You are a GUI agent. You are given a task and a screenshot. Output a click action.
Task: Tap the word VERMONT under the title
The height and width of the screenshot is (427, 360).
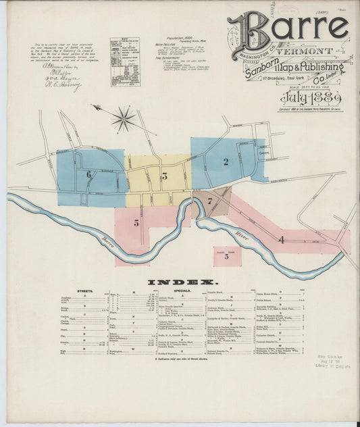[x=310, y=51]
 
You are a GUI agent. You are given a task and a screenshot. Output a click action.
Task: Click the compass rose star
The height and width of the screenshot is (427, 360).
[x=123, y=120]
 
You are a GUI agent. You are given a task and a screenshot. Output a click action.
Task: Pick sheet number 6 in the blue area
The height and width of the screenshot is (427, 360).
[x=88, y=174]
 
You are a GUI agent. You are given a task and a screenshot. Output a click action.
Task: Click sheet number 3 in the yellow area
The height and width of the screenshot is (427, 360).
[x=164, y=176]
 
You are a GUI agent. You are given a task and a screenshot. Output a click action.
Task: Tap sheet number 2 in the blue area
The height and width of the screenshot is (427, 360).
[x=227, y=161]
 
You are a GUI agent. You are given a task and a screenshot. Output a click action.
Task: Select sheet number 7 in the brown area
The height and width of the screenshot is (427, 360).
[x=210, y=201]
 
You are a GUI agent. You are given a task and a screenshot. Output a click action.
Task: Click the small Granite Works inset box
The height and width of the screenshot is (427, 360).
[x=227, y=255]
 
